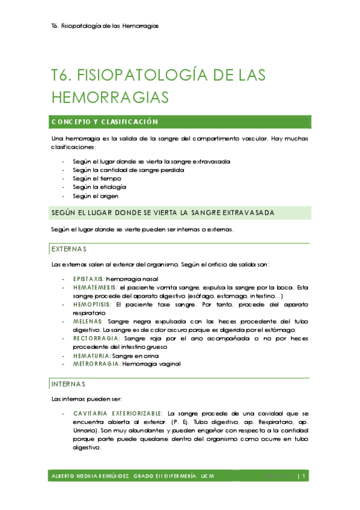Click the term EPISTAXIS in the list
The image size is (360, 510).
[88, 279]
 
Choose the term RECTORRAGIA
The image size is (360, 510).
[95, 339]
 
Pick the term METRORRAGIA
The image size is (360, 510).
[96, 364]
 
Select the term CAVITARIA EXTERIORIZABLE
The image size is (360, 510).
[118, 414]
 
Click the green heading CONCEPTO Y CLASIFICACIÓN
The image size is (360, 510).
[105, 122]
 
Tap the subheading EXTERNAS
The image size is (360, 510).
[69, 249]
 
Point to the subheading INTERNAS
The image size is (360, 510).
[69, 384]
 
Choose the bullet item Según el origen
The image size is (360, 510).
[96, 195]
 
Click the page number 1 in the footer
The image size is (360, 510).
[305, 476]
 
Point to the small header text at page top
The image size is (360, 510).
[105, 26]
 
